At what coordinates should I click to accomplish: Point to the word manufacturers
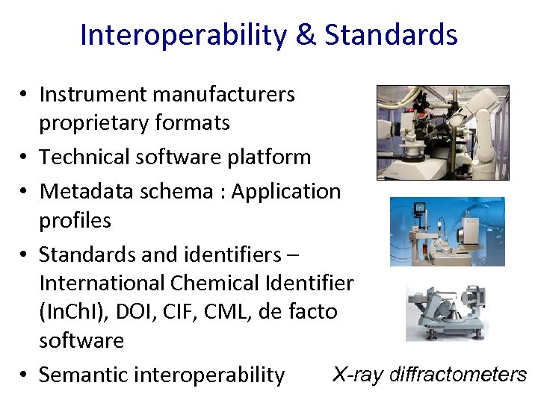224,94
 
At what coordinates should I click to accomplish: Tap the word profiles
75,220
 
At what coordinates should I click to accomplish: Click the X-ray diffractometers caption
430,374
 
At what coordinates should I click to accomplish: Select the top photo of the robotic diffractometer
442,132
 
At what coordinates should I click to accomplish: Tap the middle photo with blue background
447,231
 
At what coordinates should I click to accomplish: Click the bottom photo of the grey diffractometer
446,313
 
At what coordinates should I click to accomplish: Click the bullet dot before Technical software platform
25,157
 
